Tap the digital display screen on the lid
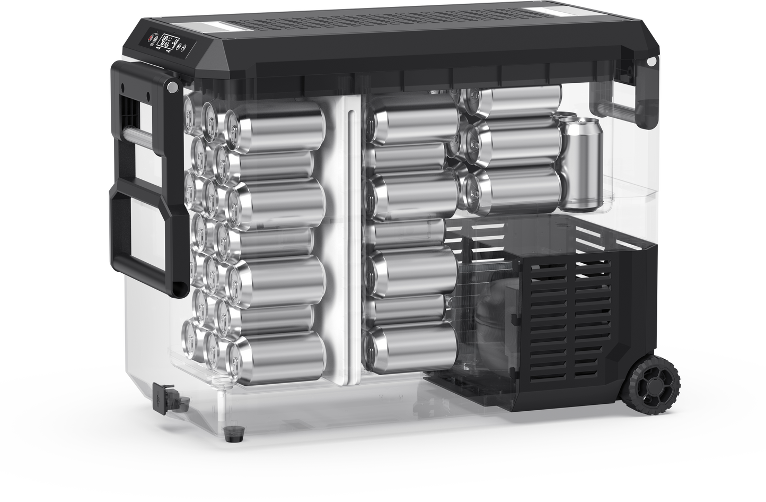169,41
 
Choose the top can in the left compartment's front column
276,127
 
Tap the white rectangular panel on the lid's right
551,12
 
